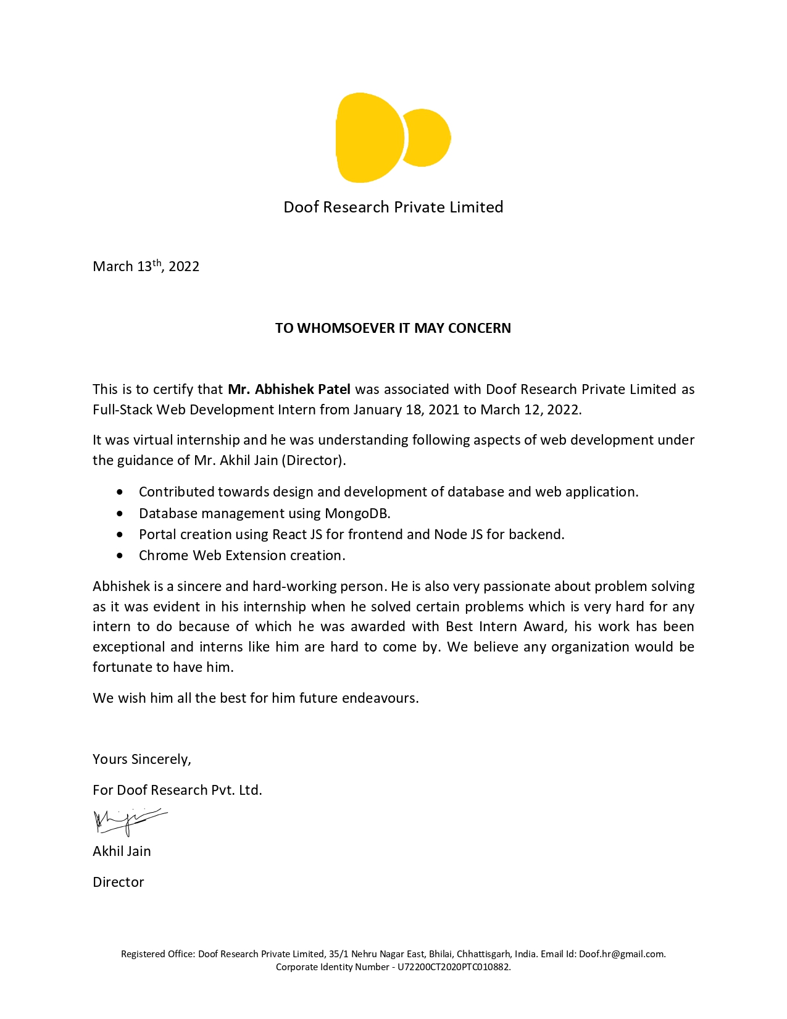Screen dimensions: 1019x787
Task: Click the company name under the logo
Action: (393, 207)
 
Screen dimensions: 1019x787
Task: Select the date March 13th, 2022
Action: (146, 266)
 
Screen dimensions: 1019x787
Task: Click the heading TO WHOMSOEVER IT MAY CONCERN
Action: (393, 328)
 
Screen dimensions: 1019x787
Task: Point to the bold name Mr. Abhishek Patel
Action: (289, 389)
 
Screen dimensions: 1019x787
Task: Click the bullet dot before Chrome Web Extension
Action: (120, 555)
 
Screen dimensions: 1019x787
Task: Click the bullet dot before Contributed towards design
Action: (120, 492)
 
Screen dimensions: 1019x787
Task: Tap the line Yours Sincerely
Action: (142, 759)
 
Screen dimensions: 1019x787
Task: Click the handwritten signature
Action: (128, 821)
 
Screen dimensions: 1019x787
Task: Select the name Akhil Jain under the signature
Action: (122, 851)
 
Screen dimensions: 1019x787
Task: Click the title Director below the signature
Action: (118, 882)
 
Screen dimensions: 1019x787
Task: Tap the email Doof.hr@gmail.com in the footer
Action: (622, 954)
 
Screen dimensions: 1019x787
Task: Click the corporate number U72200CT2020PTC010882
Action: (454, 967)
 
